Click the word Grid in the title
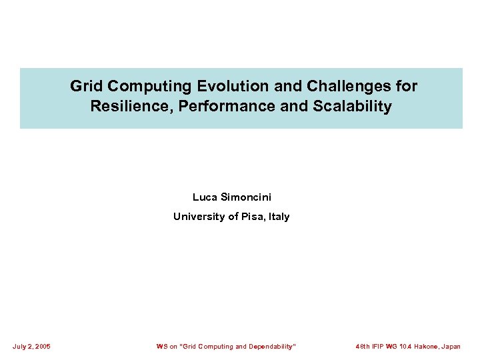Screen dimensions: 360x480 tap(87, 86)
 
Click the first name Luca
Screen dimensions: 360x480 tap(204, 197)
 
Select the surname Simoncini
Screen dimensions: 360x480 tap(245, 197)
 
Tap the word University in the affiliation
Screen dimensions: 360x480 tap(196, 217)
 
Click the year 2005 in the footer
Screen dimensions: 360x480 tap(41, 347)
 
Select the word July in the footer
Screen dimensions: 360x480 tap(20, 347)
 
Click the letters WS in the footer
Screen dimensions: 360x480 tap(162, 347)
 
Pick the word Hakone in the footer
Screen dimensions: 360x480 tap(427, 347)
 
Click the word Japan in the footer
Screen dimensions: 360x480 tap(452, 347)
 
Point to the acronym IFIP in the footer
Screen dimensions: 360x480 tap(381, 347)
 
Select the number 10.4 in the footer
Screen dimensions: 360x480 tap(406, 347)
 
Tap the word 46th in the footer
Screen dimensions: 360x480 tap(364, 347)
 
